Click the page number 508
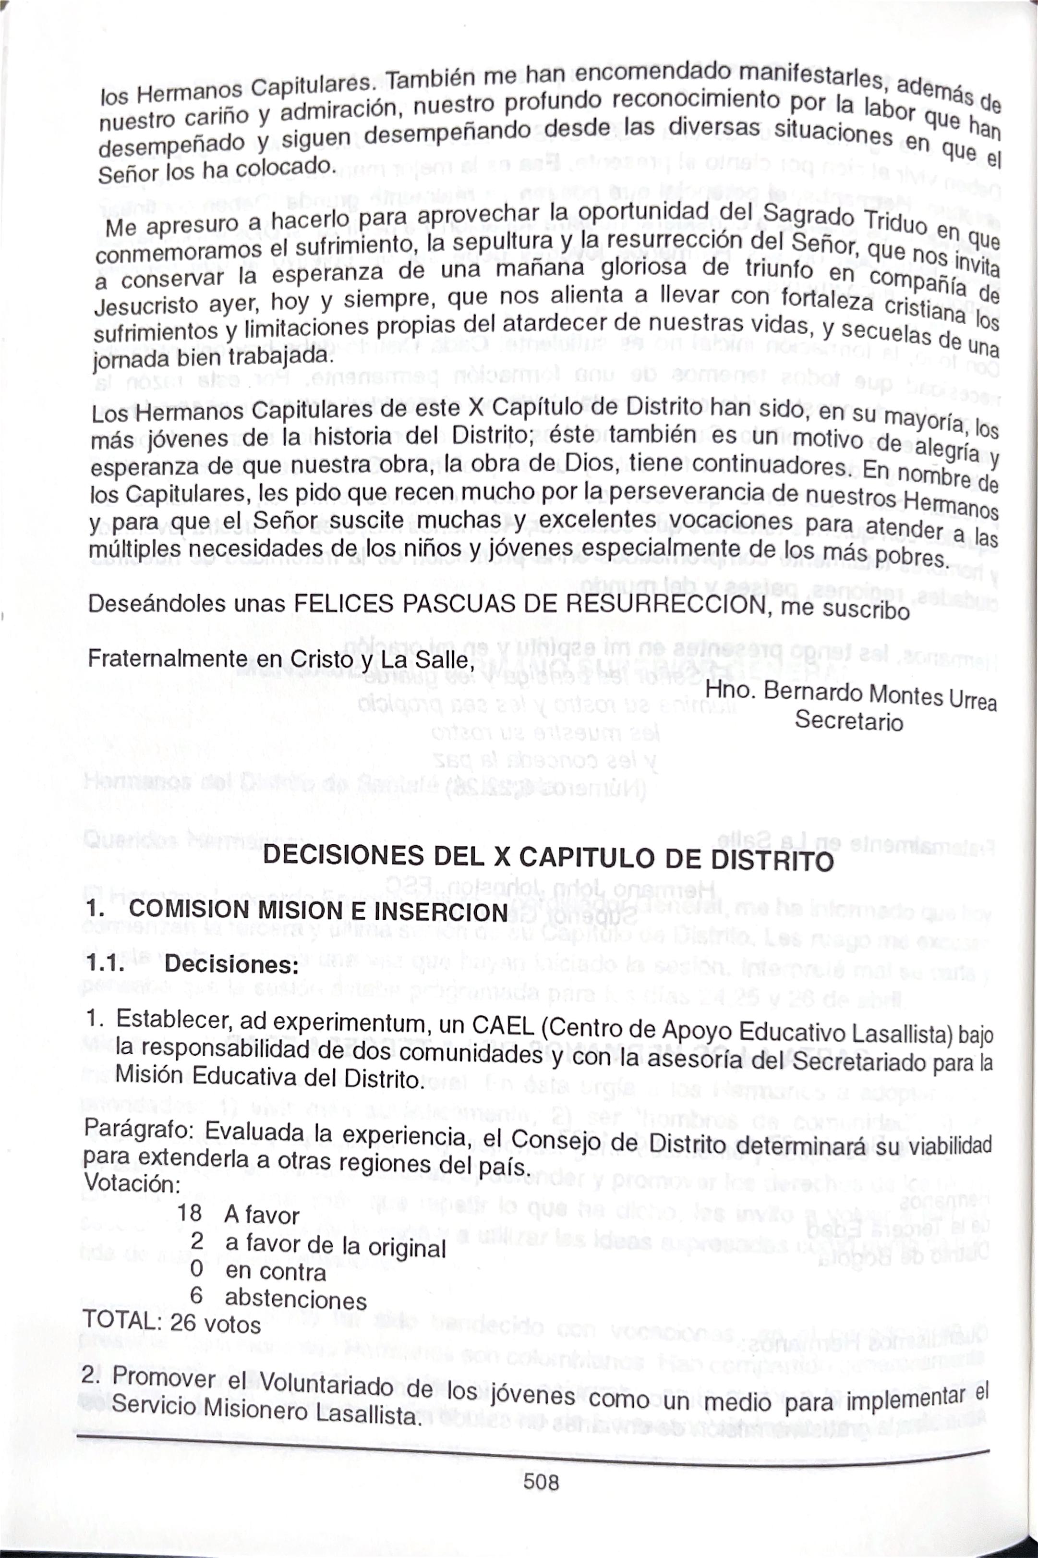541,1481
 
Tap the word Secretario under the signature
849,720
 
